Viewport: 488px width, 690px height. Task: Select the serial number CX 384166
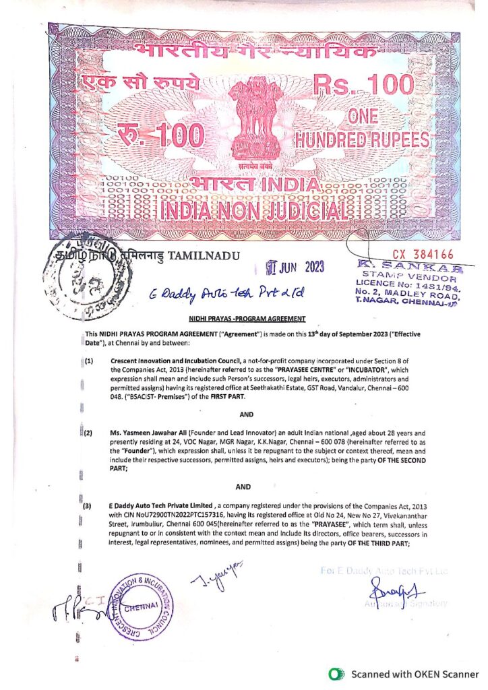[x=423, y=255]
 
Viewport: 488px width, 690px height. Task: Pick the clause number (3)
[x=87, y=505]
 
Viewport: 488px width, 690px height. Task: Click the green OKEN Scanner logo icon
[x=333, y=674]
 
